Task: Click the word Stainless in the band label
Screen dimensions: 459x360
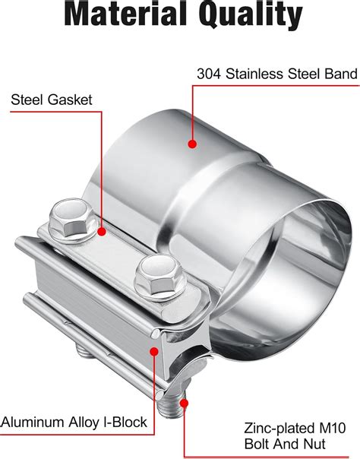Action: tap(253, 74)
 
